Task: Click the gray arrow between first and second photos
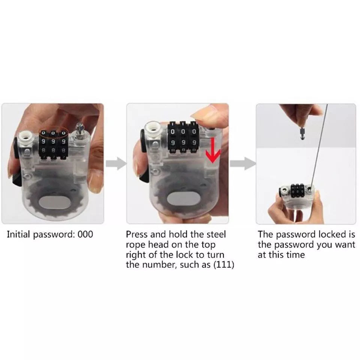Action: [116, 163]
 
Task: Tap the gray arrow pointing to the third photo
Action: [242, 163]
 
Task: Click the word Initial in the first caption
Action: [19, 235]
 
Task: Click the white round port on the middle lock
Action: [154, 130]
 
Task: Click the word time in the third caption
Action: [297, 255]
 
